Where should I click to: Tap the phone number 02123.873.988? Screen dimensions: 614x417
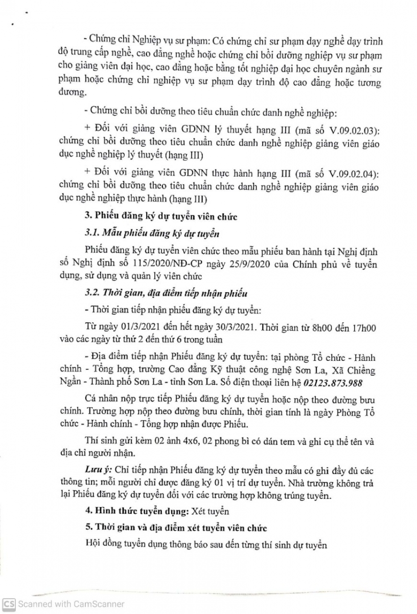point(332,384)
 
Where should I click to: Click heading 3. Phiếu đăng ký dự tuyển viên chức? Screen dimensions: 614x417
point(162,217)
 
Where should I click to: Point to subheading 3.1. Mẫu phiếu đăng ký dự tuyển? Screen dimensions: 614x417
point(151,234)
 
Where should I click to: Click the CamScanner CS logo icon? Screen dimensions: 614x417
point(9,604)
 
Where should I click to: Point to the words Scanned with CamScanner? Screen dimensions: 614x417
point(71,604)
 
